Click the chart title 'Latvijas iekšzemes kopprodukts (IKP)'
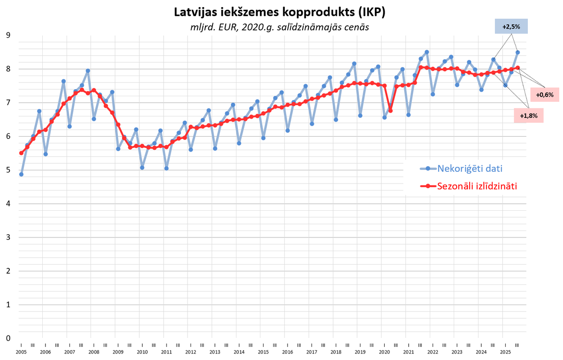click(280, 12)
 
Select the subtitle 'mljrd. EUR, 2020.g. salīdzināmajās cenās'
click(280, 27)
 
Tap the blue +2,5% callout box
click(511, 27)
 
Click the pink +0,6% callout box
click(544, 94)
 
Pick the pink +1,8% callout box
click(528, 115)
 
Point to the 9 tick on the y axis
click(8, 35)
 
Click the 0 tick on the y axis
click(8, 338)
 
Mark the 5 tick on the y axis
click(8, 170)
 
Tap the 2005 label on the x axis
click(21, 352)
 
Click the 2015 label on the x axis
click(263, 352)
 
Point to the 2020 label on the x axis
click(384, 352)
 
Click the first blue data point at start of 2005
click(21, 174)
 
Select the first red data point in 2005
click(21, 153)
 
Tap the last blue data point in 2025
click(517, 53)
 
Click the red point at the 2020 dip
click(390, 111)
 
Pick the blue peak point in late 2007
click(88, 71)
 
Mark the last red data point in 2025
click(517, 68)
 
